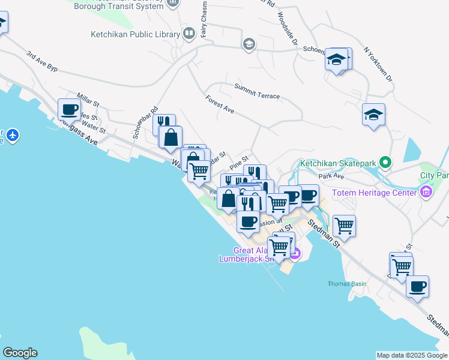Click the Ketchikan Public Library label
(x=135, y=34)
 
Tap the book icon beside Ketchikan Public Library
(x=189, y=33)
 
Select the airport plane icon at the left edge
(x=13, y=136)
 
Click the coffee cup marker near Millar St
(x=69, y=110)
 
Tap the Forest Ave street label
(x=219, y=104)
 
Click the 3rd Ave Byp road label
(x=41, y=62)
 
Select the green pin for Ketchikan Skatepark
(x=386, y=163)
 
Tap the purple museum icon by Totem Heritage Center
(x=426, y=193)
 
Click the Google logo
(x=19, y=353)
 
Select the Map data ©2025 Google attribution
(x=411, y=355)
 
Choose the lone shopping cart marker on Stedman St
(x=344, y=226)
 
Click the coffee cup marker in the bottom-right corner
(x=417, y=286)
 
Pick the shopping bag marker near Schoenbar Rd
(x=171, y=137)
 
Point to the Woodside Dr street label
(x=287, y=30)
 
